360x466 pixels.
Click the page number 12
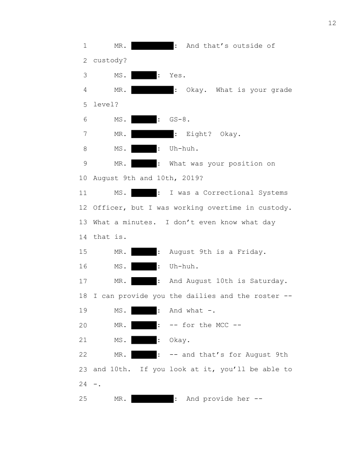click(x=332, y=23)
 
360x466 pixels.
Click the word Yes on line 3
click(x=176, y=75)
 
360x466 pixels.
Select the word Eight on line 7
click(x=197, y=134)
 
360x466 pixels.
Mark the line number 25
click(x=83, y=399)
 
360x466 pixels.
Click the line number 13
click(x=83, y=222)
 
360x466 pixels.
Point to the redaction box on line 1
click(x=152, y=46)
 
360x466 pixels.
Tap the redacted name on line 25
click(x=152, y=399)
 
